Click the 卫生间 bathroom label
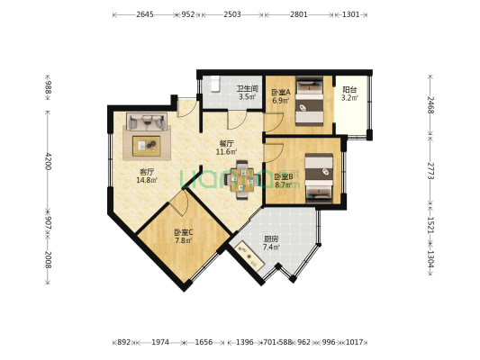(x=248, y=89)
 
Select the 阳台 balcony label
(x=349, y=90)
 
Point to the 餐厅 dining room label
(x=226, y=144)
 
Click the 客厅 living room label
(x=146, y=172)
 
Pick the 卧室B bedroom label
(x=283, y=177)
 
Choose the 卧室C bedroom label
(x=184, y=232)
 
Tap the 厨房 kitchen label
(x=271, y=239)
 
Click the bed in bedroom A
(x=311, y=101)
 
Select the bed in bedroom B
(x=319, y=177)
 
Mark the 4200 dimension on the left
(x=48, y=161)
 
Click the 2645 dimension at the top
(x=144, y=15)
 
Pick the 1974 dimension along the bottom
(x=160, y=342)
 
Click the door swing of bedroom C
(x=178, y=205)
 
